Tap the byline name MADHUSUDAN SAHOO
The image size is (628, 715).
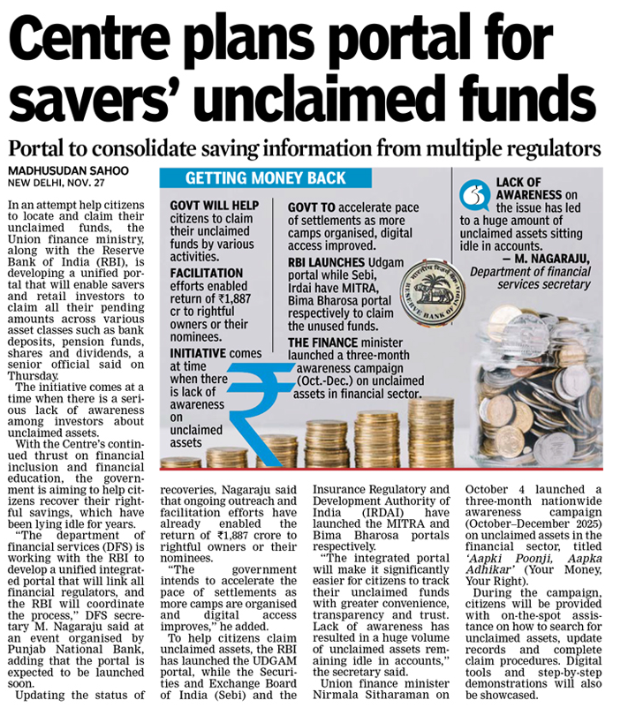(x=68, y=170)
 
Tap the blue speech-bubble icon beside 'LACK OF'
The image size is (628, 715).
(x=478, y=192)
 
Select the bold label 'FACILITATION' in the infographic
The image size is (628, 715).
(x=206, y=275)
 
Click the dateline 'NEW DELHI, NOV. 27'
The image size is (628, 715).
(x=57, y=183)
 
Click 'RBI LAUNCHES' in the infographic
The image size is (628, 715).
(x=327, y=262)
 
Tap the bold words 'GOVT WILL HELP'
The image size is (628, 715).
(x=214, y=206)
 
